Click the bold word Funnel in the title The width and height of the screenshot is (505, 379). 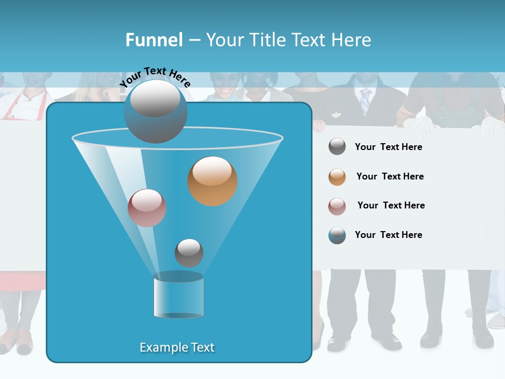coord(154,40)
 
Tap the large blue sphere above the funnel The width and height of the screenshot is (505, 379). coord(155,112)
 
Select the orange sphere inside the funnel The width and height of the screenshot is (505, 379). coord(212,181)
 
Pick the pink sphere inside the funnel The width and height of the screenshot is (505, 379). coord(147,208)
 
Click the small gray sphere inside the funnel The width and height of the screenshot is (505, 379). coord(189,253)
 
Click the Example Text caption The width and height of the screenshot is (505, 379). coord(177,347)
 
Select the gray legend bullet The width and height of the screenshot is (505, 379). coord(337,147)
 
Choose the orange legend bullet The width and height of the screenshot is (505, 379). coord(337,177)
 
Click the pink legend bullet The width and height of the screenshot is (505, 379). coord(337,206)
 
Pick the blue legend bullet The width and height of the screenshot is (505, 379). coord(337,235)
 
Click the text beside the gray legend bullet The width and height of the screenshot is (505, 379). coord(388,147)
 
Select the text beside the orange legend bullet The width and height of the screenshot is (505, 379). coord(390,177)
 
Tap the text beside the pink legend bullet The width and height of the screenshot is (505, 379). coord(391,206)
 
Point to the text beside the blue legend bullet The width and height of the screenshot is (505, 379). coord(388,235)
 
